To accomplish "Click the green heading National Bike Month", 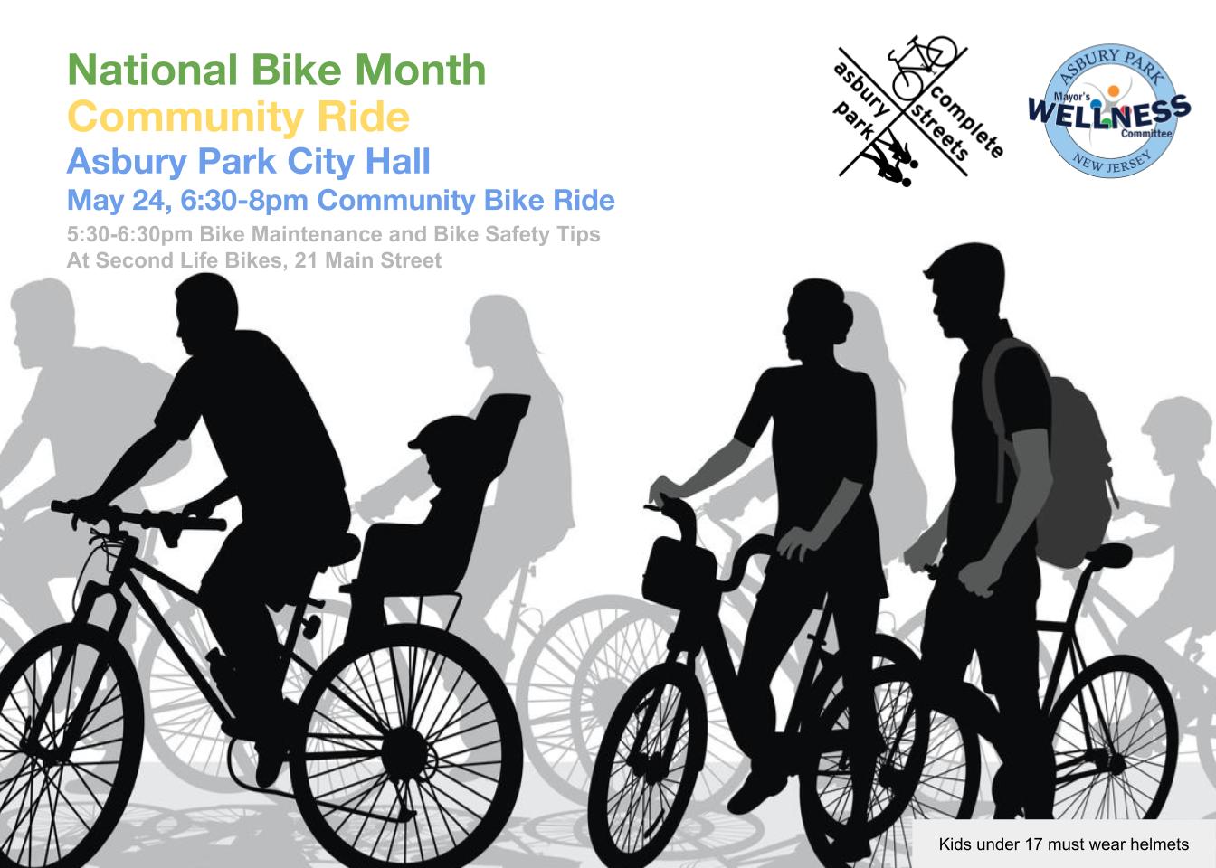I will pyautogui.click(x=277, y=71).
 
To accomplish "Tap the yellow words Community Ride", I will pyautogui.click(x=238, y=118).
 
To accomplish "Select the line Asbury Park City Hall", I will pyautogui.click(x=249, y=162).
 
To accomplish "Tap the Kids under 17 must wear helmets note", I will pyautogui.click(x=1062, y=845).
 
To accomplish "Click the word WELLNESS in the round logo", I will pyautogui.click(x=1108, y=112).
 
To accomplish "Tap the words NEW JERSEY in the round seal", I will pyautogui.click(x=1109, y=166).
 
